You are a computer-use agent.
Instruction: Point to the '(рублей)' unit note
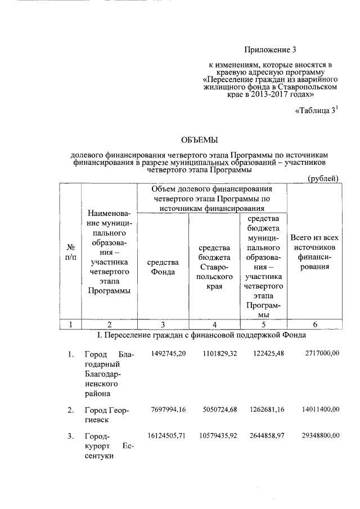(323, 179)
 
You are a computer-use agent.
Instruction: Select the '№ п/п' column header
(71, 252)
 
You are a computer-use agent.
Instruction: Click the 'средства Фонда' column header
(163, 267)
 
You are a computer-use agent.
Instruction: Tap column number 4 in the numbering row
(214, 324)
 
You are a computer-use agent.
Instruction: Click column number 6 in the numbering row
(314, 324)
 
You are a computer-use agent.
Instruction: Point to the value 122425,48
(265, 353)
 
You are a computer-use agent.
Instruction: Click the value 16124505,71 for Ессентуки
(168, 435)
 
